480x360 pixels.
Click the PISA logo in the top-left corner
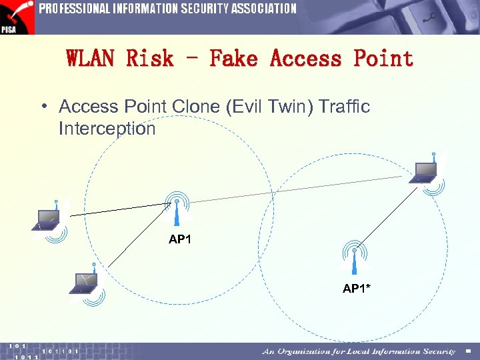click(x=17, y=17)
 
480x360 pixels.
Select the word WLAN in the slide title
click(x=91, y=59)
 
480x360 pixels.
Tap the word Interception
click(x=107, y=128)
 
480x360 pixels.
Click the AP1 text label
click(x=180, y=239)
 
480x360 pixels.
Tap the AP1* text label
click(x=357, y=289)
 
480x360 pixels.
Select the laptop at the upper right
click(x=424, y=173)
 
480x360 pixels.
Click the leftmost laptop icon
click(x=48, y=218)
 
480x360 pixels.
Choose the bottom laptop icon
click(x=85, y=283)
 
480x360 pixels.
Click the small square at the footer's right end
click(x=468, y=351)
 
